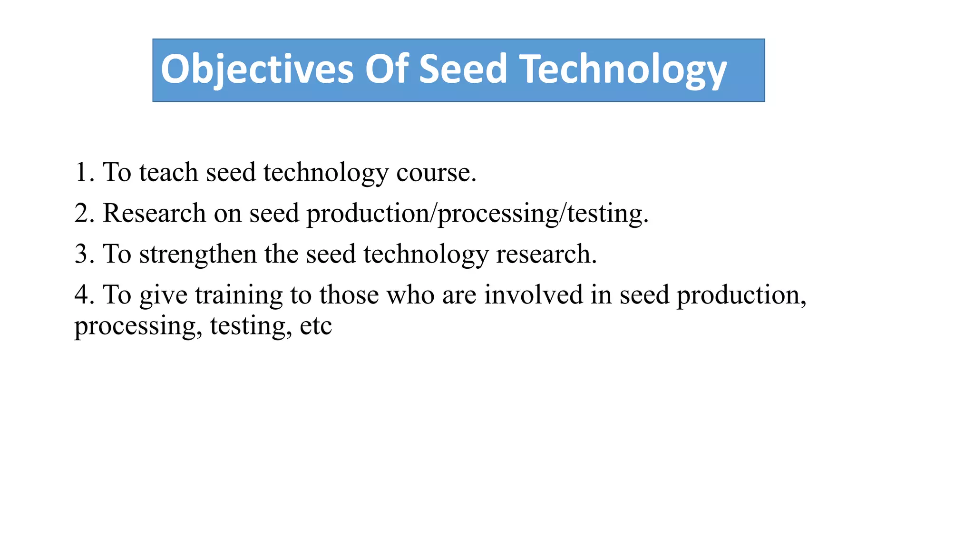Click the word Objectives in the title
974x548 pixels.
coord(257,69)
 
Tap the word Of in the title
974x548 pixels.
coord(386,69)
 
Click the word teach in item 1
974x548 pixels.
coord(168,172)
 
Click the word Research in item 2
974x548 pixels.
coord(154,213)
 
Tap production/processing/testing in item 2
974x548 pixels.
coord(477,213)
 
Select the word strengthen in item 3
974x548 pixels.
coord(198,254)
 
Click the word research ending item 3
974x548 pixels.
coord(545,254)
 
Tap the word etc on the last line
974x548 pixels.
coord(316,326)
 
